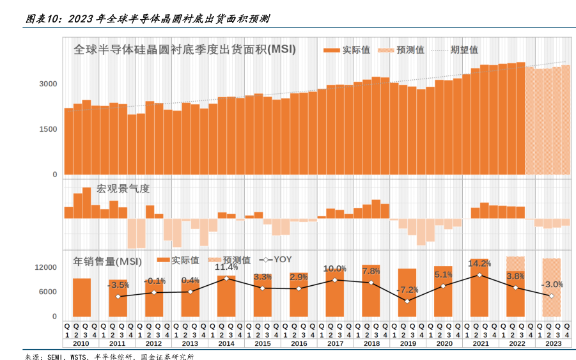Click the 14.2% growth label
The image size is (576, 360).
point(479,263)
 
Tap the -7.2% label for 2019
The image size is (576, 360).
point(407,290)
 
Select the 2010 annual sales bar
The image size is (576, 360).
point(81,297)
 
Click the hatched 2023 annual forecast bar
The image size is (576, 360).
point(551,287)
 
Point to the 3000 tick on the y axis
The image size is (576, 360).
point(50,84)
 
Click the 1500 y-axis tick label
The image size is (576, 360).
point(50,129)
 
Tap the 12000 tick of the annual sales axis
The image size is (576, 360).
point(46,267)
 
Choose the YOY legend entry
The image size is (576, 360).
point(276,260)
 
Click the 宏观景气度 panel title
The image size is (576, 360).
point(123,189)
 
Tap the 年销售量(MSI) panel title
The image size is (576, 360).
point(107,261)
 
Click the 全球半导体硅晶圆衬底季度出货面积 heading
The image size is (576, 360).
point(184,49)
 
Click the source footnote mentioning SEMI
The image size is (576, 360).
point(109,356)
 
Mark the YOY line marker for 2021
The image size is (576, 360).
point(479,275)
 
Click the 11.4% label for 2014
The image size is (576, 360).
point(226,267)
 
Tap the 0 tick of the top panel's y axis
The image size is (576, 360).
point(55,174)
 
